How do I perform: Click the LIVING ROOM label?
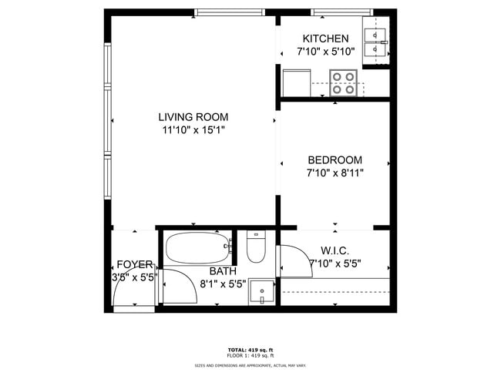(x=193, y=117)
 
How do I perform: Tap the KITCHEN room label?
(x=325, y=39)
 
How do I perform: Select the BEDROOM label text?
(x=335, y=159)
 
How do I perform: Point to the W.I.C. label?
(x=335, y=250)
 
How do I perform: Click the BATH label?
(x=223, y=271)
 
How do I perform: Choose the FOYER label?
(x=135, y=264)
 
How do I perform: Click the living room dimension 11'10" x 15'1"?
(x=193, y=130)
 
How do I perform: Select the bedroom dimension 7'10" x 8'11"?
(x=335, y=173)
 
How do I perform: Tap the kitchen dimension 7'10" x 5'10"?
(x=325, y=52)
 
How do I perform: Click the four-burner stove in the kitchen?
(x=344, y=82)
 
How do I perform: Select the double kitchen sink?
(x=375, y=43)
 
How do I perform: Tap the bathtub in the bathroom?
(x=198, y=248)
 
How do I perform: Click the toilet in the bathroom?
(x=256, y=247)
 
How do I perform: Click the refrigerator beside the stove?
(x=295, y=82)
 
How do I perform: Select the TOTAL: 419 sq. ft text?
(x=250, y=349)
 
